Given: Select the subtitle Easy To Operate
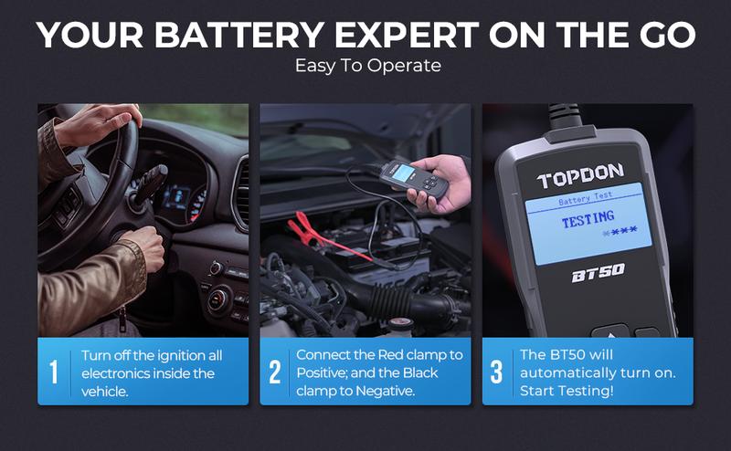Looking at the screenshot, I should pos(367,67).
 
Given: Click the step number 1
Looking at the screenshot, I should pos(54,372).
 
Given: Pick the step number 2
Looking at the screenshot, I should pos(275,372).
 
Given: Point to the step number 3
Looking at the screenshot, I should pos(497,372).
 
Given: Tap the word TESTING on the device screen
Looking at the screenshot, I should pos(588,219).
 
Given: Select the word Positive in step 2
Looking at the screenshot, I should pos(322,372).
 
